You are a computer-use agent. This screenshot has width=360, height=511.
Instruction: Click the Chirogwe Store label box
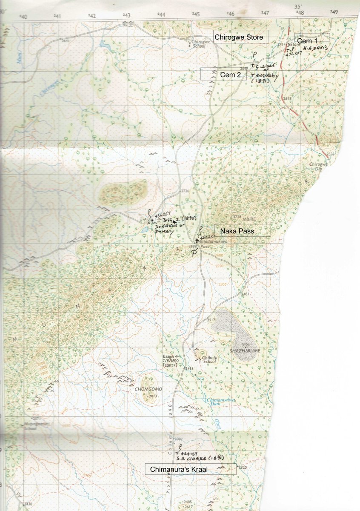click(x=241, y=37)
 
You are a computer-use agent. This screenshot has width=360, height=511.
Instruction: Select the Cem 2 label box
click(x=223, y=74)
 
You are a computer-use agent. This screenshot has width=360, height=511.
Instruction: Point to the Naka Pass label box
click(x=242, y=230)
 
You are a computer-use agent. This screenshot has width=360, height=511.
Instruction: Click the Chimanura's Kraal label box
click(x=190, y=469)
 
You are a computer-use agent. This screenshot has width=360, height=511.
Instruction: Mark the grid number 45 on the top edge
click(x=195, y=14)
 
